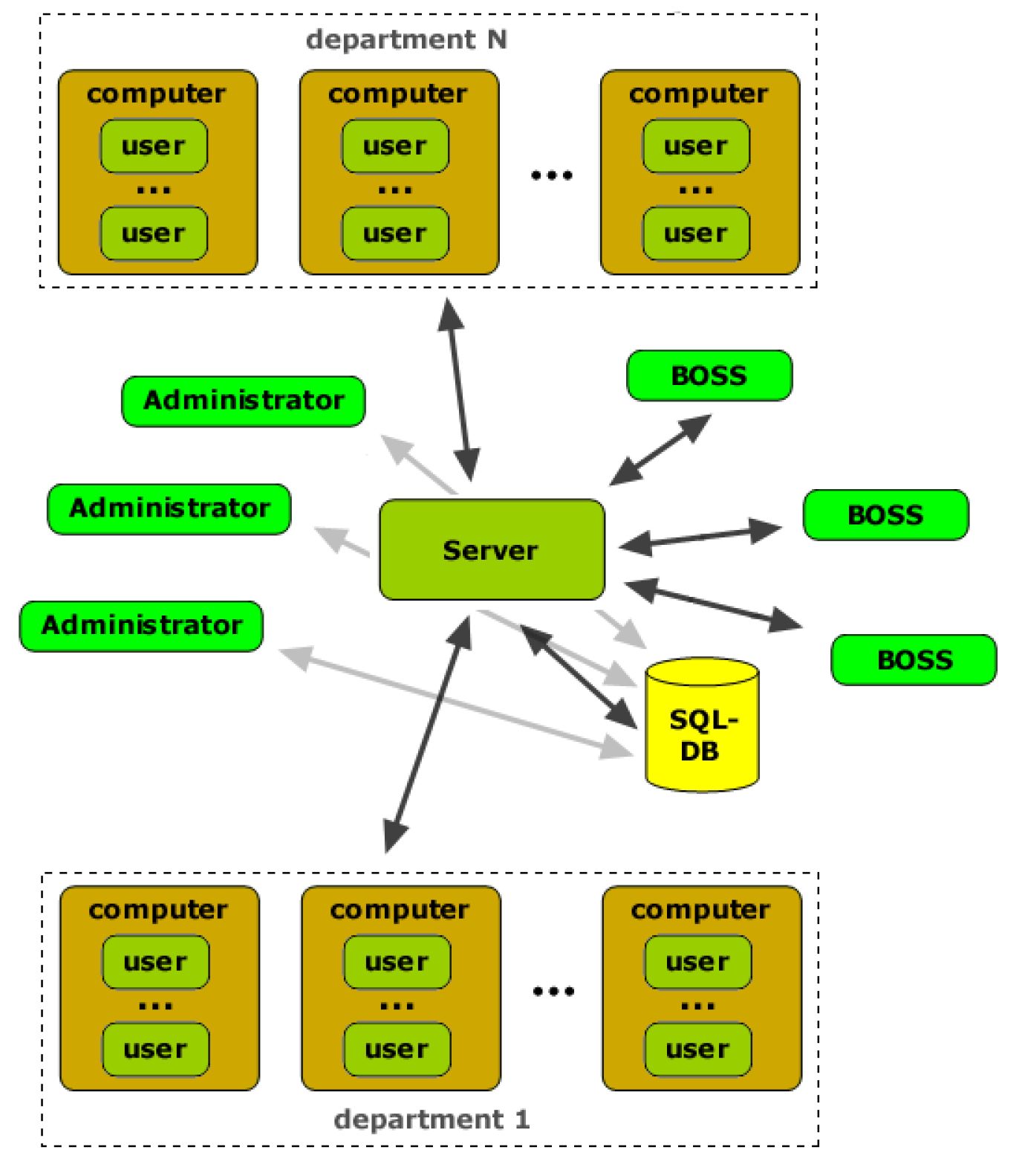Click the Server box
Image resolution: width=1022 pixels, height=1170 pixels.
[x=491, y=549]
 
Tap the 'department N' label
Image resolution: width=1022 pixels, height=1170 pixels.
[x=406, y=39]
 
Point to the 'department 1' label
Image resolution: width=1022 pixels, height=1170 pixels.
[x=432, y=1119]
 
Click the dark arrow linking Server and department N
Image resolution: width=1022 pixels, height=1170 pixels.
[x=458, y=390]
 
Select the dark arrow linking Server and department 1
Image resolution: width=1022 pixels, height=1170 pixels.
[x=429, y=732]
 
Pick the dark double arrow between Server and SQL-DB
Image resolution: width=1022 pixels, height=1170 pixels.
[x=579, y=676]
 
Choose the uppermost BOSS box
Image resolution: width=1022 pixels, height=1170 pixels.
[x=709, y=375]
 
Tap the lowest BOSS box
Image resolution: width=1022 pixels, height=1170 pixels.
[x=914, y=659]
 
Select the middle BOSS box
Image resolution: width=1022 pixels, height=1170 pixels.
[x=885, y=514]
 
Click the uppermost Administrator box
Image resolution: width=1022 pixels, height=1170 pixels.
[x=243, y=401]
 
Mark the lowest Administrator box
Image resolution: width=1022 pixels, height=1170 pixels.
[x=141, y=626]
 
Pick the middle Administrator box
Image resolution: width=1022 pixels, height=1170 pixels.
[x=169, y=509]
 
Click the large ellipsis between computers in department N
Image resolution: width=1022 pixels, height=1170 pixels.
[x=551, y=175]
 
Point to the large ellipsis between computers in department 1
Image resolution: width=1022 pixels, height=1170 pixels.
[x=553, y=991]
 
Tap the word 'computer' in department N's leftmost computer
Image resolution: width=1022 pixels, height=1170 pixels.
[x=156, y=94]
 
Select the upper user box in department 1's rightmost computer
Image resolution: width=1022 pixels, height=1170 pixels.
[x=697, y=962]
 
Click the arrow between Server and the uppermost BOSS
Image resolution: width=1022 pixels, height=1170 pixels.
[x=660, y=450]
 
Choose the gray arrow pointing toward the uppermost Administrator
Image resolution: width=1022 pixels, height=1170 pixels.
[x=418, y=464]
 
